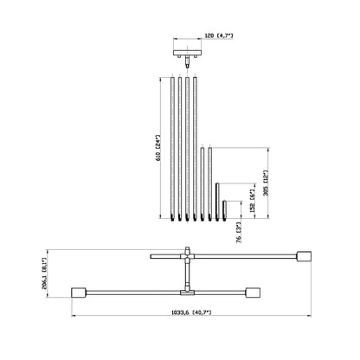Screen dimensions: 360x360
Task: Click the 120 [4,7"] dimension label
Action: click(218, 35)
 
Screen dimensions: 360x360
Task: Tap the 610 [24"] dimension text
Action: click(157, 148)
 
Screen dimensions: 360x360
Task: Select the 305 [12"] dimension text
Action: click(266, 183)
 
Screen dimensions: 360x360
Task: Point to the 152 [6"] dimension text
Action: click(253, 201)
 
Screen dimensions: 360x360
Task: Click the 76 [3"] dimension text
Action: click(239, 233)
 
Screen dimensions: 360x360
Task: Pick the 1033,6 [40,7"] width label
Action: click(191, 312)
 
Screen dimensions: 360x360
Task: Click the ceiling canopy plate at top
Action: click(187, 53)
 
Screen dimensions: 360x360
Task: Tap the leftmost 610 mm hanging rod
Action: click(172, 149)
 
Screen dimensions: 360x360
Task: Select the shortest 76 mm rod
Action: click(224, 211)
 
